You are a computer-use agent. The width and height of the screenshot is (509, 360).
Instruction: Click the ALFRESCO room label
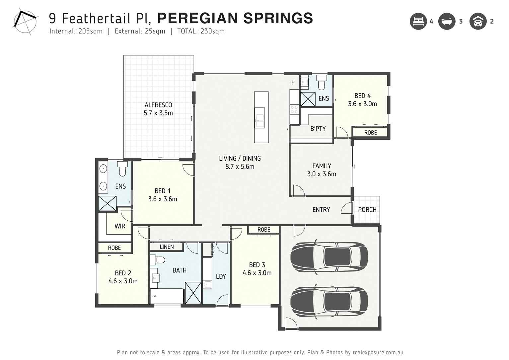(158, 105)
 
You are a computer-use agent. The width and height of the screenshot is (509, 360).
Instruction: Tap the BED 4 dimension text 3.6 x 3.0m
(362, 104)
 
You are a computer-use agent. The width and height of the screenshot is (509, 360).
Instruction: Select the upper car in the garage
(329, 256)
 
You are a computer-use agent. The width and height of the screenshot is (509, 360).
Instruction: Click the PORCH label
(367, 210)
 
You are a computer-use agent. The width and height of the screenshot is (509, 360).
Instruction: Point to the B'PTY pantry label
(318, 129)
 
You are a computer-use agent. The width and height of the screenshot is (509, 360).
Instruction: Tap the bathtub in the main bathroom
(167, 296)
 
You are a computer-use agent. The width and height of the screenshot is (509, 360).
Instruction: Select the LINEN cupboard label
(167, 247)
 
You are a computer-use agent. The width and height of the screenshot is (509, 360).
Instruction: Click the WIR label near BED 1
(120, 226)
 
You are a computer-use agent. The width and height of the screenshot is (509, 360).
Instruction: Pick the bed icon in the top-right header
(418, 22)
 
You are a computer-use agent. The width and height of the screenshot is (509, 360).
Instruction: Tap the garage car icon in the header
(478, 22)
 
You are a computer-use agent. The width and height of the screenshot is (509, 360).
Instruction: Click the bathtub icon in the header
(447, 22)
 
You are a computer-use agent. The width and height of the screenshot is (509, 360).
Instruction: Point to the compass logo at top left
(25, 22)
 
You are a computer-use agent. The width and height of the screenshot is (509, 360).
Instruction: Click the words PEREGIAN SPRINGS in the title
(235, 18)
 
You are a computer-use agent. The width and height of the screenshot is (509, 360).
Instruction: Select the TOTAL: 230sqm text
(201, 31)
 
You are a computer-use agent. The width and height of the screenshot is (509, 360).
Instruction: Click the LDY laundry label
(221, 276)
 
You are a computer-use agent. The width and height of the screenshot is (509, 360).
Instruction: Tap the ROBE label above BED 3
(264, 230)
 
